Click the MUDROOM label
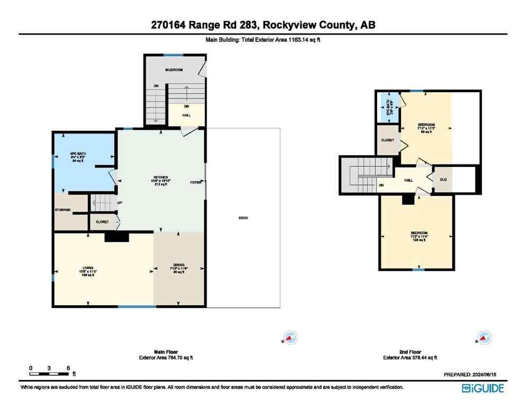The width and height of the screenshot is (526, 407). coord(173,70)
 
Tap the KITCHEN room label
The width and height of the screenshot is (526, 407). coord(161,177)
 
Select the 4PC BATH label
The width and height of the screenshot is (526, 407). coord(78,154)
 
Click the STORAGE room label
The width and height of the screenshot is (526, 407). coord(63,210)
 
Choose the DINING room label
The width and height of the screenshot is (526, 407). coord(179,264)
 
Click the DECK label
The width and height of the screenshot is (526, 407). coord(243,218)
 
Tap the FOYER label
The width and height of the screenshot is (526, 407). coord(196,182)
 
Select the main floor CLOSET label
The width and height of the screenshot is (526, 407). coord(102,222)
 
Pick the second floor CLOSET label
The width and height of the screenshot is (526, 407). coord(387,141)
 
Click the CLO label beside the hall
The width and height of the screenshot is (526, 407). coord(443,180)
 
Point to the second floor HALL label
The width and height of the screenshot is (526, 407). coord(408,180)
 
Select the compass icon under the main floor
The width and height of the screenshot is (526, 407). coord(290,337)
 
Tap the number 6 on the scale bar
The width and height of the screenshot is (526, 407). coord(68,368)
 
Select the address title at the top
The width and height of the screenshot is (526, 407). coord(263,25)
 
